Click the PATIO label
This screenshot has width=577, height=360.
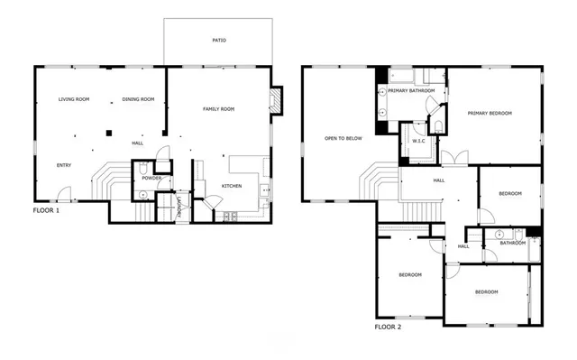point(219,41)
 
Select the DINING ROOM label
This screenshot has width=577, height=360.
point(138,99)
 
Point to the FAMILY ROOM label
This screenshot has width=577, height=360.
point(218,109)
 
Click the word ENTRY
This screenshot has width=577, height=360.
point(64,165)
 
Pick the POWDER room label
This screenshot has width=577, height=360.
point(151,178)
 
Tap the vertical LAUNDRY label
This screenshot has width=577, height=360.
point(180,207)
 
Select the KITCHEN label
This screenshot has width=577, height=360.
point(232,186)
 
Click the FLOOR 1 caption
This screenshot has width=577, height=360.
point(46,209)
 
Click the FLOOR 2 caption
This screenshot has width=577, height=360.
point(388,326)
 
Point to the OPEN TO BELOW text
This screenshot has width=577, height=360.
point(343,138)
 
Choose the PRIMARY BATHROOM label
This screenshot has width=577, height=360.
point(411,91)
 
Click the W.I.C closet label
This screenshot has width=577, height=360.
point(418,141)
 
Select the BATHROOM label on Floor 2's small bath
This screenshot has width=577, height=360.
point(513,242)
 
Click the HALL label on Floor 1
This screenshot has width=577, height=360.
point(137,143)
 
